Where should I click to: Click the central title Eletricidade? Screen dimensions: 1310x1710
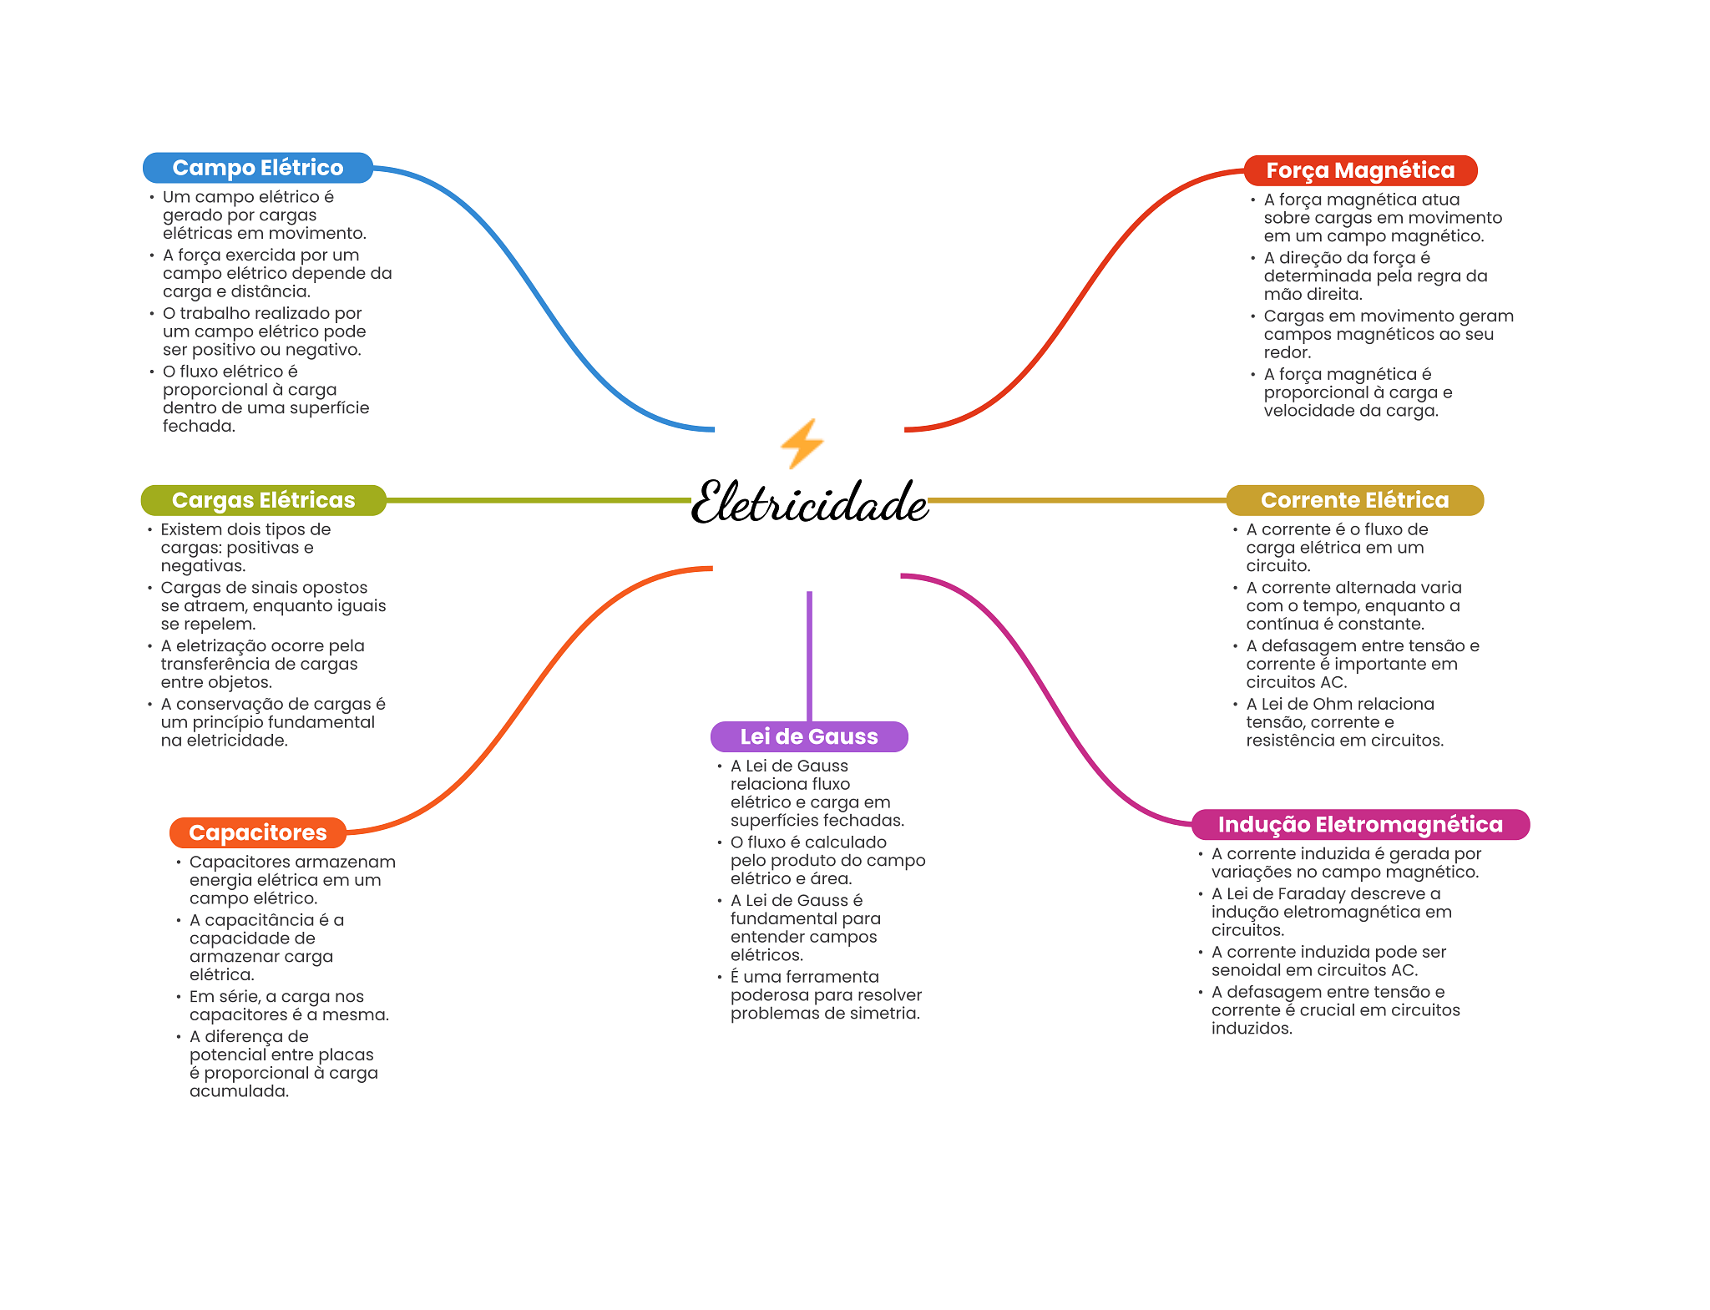(809, 503)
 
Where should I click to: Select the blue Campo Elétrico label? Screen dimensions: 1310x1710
(257, 168)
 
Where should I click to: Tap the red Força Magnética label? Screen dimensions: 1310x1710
(1359, 170)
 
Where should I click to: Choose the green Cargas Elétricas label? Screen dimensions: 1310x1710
(263, 500)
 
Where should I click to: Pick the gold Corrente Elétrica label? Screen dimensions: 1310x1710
(1354, 500)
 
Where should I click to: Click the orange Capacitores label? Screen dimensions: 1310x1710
(257, 832)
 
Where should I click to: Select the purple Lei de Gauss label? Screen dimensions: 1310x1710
(808, 736)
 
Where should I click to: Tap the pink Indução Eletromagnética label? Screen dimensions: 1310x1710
(1359, 825)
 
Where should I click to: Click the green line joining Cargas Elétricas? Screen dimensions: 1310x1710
(539, 500)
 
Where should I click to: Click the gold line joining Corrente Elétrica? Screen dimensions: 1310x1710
(1077, 500)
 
